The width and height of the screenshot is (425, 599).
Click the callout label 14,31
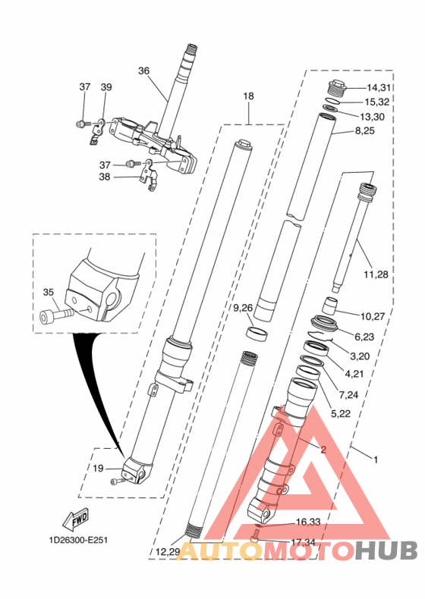pos(381,88)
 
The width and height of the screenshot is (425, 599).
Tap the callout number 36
pos(144,71)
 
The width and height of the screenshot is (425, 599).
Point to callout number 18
pos(248,96)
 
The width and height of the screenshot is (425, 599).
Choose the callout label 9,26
pos(243,307)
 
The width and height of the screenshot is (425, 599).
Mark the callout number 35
pos(49,292)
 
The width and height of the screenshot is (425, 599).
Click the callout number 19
pos(98,468)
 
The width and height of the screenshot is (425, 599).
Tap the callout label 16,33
pos(307,522)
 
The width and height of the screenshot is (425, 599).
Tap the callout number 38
pos(104,177)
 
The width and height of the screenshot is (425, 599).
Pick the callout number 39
pos(106,87)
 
